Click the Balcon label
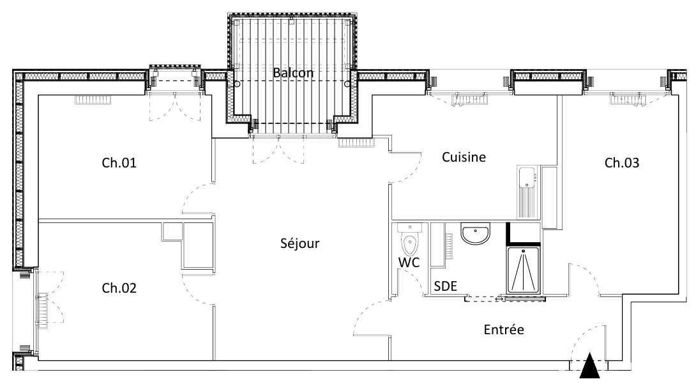pyautogui.click(x=293, y=72)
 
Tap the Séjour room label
pyautogui.click(x=299, y=243)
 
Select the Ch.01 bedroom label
pyautogui.click(x=119, y=162)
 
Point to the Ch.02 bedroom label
pyautogui.click(x=119, y=288)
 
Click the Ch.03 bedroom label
pyautogui.click(x=622, y=162)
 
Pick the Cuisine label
pyautogui.click(x=464, y=157)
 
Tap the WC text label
pyautogui.click(x=409, y=263)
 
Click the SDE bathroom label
pyautogui.click(x=445, y=286)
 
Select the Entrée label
pyautogui.click(x=504, y=330)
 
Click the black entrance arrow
pyautogui.click(x=590, y=366)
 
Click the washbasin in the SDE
pyautogui.click(x=476, y=234)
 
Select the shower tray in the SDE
pyautogui.click(x=523, y=270)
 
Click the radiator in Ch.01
pyautogui.click(x=93, y=100)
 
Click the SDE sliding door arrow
pyautogui.click(x=499, y=299)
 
